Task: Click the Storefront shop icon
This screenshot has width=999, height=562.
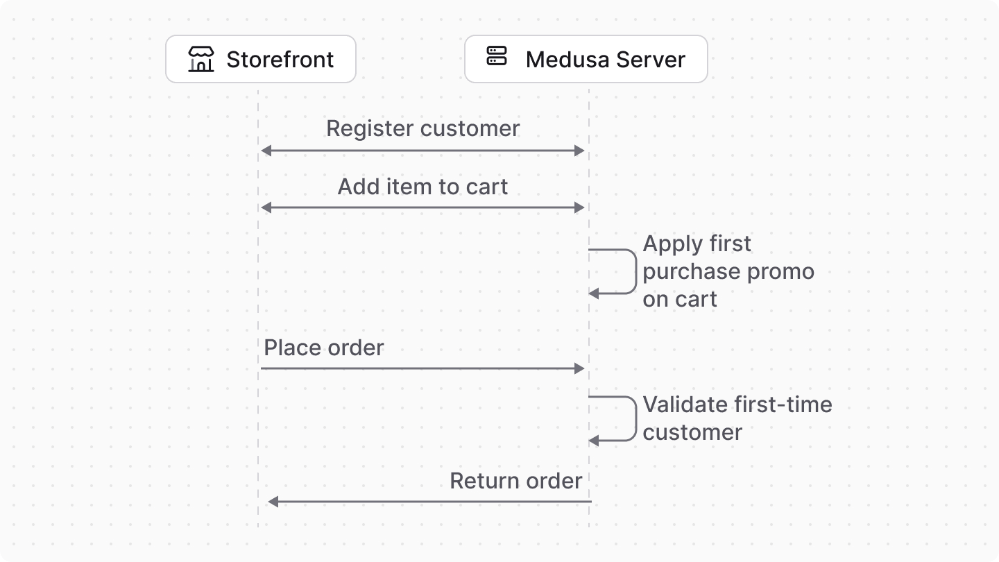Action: click(201, 60)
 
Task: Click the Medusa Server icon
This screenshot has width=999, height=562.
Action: click(497, 56)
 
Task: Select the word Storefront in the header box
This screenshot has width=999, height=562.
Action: click(280, 60)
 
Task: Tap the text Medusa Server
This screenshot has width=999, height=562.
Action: click(605, 60)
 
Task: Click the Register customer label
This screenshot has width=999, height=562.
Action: click(422, 128)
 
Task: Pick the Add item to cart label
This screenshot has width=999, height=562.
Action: click(422, 187)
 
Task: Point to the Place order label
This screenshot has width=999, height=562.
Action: click(324, 348)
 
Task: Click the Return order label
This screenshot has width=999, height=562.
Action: click(515, 481)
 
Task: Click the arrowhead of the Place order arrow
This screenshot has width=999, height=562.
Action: click(580, 368)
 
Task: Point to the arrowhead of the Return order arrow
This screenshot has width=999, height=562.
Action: click(273, 502)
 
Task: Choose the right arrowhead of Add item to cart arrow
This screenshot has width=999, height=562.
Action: click(580, 207)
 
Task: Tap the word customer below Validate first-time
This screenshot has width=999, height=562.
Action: click(692, 432)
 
